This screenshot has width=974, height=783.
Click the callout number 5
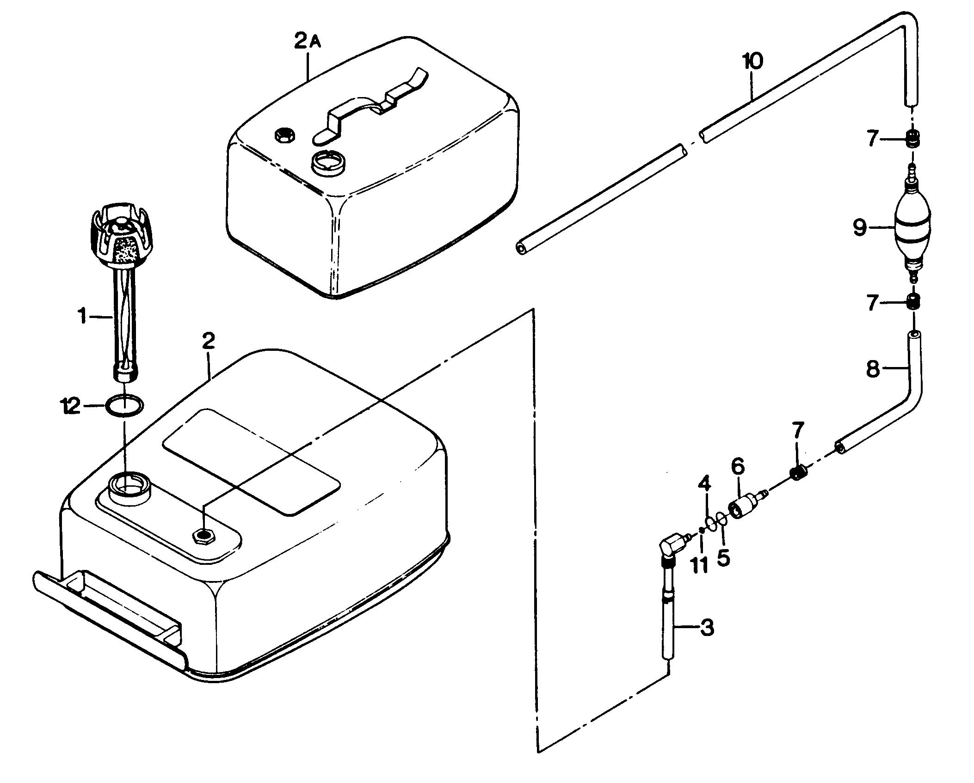(x=724, y=558)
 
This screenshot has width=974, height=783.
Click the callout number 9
(x=860, y=228)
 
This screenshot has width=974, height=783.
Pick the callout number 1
(x=82, y=317)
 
